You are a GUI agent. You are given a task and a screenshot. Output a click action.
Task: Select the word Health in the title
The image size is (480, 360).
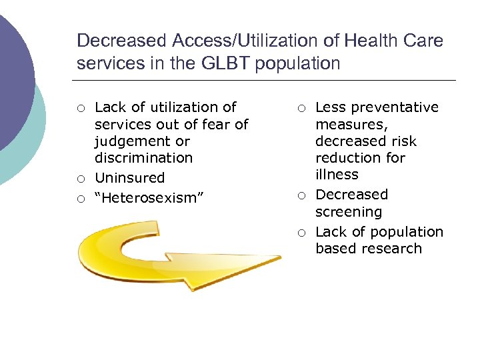[x=373, y=41]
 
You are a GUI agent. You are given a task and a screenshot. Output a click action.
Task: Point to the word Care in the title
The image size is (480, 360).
[x=425, y=41]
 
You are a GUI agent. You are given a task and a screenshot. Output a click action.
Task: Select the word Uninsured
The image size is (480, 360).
[x=130, y=178]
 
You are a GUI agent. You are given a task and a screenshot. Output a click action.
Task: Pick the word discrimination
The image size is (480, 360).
[x=143, y=158]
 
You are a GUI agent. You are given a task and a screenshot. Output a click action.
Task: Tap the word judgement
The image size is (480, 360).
[x=142, y=141]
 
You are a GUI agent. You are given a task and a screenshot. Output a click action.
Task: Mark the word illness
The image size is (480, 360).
[x=337, y=175]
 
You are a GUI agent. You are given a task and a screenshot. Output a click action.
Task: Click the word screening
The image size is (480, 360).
[x=349, y=212]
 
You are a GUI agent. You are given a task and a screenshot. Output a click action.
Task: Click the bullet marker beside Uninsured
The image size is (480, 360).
[x=81, y=179]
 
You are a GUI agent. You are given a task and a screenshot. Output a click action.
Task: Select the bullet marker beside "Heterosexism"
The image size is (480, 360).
[x=81, y=199]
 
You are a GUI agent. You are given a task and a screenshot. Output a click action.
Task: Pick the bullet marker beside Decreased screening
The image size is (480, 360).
[x=301, y=195]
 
